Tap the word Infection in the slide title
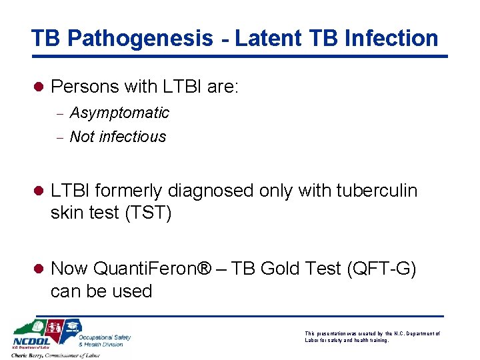386,38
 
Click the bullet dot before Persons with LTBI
39,87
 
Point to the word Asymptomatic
119,113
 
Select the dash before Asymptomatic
59,114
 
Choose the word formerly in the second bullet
131,191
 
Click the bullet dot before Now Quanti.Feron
39,269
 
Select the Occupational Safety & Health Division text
105,341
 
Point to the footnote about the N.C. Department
372,337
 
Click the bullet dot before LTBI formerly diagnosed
39,191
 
